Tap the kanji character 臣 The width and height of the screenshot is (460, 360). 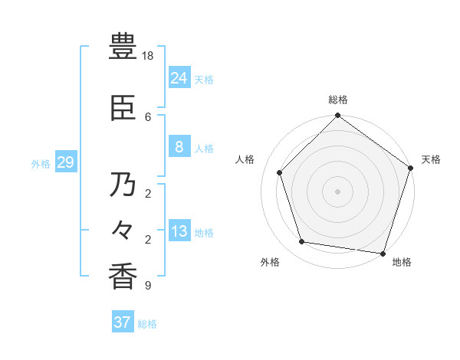coord(123,110)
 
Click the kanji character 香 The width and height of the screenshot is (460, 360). coord(123,276)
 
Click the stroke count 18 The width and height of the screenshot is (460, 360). coord(148,57)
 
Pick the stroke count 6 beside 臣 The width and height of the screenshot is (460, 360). coord(148,116)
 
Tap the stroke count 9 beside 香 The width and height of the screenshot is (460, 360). coord(147,286)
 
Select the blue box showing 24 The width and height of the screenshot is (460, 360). coord(179,78)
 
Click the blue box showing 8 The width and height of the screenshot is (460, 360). coord(179,147)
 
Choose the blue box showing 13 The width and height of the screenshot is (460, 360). coord(179,231)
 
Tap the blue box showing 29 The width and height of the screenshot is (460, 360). coord(65,162)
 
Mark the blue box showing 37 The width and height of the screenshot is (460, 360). coord(122,322)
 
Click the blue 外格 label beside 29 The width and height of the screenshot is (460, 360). coord(41,163)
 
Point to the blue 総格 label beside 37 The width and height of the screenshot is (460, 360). coord(147,324)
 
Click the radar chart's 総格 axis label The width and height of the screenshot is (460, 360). coord(337,100)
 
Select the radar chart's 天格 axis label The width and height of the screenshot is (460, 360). coord(431,159)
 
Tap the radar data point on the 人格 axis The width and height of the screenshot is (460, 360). coord(280,172)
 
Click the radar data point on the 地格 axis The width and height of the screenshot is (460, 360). coord(383,253)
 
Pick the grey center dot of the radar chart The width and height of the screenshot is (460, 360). coord(337,191)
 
